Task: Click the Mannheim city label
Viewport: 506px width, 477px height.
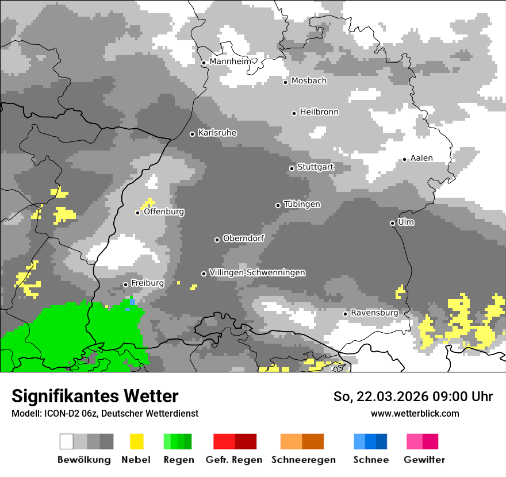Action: click(231, 61)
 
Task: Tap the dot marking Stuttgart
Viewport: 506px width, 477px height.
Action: click(292, 168)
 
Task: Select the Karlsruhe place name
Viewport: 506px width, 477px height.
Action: click(217, 133)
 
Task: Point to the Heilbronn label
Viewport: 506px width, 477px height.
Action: click(319, 112)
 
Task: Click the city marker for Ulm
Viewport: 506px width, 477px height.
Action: click(392, 223)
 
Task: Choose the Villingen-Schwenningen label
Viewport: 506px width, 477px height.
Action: click(257, 272)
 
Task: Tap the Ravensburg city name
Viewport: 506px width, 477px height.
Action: click(374, 313)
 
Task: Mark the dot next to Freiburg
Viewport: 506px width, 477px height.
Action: click(125, 284)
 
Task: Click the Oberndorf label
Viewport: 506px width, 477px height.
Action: click(243, 238)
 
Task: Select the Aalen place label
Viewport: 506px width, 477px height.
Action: click(421, 158)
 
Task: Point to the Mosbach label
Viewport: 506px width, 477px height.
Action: click(309, 81)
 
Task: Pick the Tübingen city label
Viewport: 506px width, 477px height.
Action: click(302, 204)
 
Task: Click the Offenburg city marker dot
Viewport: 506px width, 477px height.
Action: click(137, 213)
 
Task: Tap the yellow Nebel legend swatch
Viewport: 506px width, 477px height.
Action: click(137, 441)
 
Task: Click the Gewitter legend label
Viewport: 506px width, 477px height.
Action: click(424, 460)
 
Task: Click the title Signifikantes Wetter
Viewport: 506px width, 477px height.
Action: click(95, 396)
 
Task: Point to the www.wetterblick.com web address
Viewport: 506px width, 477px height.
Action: click(415, 413)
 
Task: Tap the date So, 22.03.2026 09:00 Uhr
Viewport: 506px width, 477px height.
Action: click(413, 397)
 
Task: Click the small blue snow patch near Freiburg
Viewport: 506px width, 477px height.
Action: click(132, 302)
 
